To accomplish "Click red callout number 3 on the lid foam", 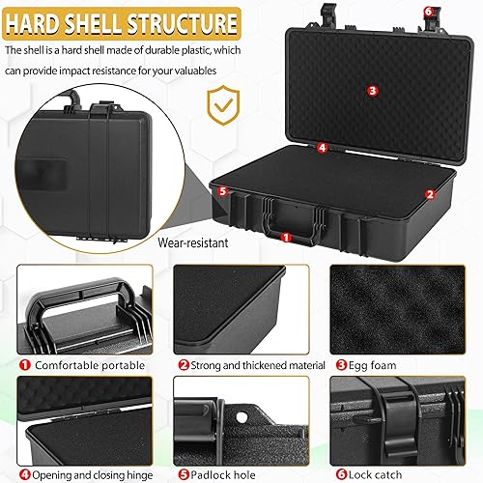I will point(372,90).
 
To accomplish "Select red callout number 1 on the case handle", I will point(286,236).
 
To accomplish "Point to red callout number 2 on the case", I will point(429,192).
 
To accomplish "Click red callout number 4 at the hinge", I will point(322,148).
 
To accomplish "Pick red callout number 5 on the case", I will point(223,191).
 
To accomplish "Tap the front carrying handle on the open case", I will point(286,213).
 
